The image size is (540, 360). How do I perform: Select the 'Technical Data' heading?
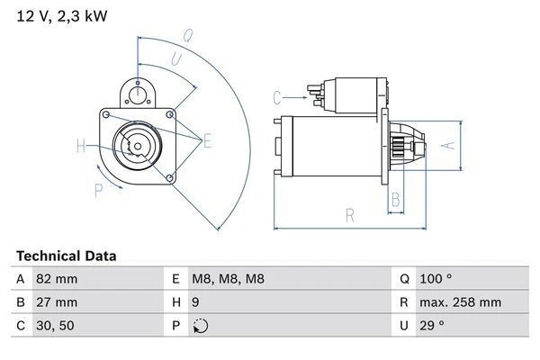point(66,256)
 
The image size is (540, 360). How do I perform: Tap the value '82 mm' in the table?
point(55,279)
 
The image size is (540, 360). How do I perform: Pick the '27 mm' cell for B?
point(55,302)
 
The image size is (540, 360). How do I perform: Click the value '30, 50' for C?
point(54,325)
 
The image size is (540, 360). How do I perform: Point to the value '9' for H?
point(195,302)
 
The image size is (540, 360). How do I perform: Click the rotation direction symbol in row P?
point(199,326)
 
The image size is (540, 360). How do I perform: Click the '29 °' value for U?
point(435,325)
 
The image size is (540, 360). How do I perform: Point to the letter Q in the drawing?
point(187,37)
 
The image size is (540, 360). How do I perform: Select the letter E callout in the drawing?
point(207,139)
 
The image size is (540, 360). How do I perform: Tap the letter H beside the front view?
point(81,146)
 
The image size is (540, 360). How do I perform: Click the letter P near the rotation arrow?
point(98,188)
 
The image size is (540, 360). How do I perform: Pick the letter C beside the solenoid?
point(277,96)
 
